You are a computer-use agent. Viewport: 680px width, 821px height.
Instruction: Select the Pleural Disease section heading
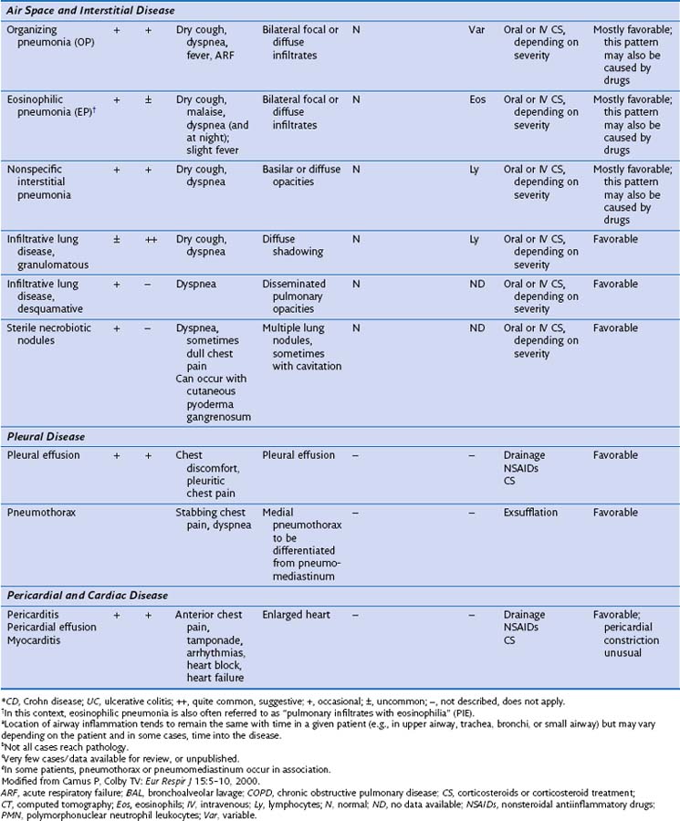tap(46, 435)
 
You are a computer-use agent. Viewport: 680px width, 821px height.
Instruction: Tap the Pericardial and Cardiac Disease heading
tap(87, 595)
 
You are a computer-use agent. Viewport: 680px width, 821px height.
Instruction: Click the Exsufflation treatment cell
tap(530, 513)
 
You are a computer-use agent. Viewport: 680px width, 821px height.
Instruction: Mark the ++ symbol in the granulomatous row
tap(148, 239)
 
